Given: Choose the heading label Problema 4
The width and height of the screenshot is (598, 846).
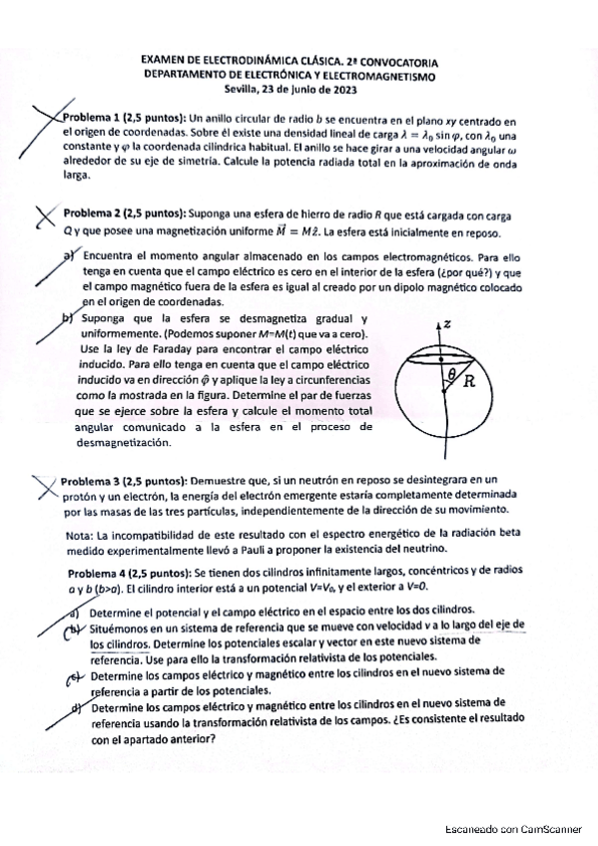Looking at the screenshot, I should pyautogui.click(x=96, y=572).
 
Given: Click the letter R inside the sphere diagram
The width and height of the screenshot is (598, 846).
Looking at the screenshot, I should pyautogui.click(x=465, y=381).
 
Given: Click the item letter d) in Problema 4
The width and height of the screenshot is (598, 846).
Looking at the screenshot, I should pyautogui.click(x=76, y=709).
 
